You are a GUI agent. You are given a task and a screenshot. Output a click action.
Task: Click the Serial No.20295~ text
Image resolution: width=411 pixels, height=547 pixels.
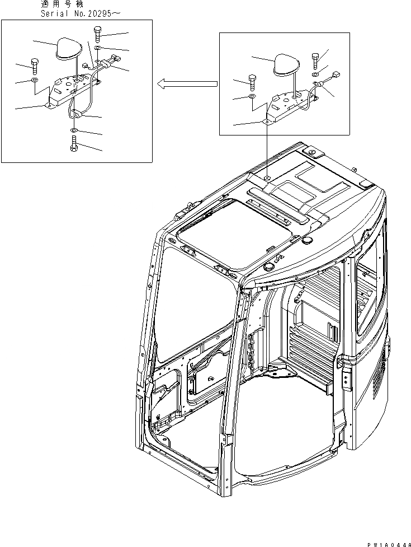click(75, 13)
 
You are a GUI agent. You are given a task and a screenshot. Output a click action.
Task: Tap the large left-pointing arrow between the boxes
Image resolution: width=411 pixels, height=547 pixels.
click(186, 84)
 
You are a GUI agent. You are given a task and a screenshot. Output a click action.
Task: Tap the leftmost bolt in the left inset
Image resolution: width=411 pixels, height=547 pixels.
click(35, 64)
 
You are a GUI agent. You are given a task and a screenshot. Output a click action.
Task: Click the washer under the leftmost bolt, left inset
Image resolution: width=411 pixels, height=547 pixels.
click(35, 81)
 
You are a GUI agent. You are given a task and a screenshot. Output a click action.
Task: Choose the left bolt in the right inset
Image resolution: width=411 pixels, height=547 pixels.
click(252, 81)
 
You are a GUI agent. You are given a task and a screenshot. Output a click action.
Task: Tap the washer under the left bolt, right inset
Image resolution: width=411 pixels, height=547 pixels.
click(252, 97)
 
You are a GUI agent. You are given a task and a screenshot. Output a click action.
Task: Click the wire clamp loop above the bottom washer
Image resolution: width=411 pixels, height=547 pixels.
click(78, 115)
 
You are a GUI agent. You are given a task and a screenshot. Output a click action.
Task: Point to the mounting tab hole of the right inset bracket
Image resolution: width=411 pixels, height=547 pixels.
click(267, 119)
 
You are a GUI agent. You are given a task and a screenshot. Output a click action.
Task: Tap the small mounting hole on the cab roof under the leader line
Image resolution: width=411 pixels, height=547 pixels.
click(267, 177)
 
